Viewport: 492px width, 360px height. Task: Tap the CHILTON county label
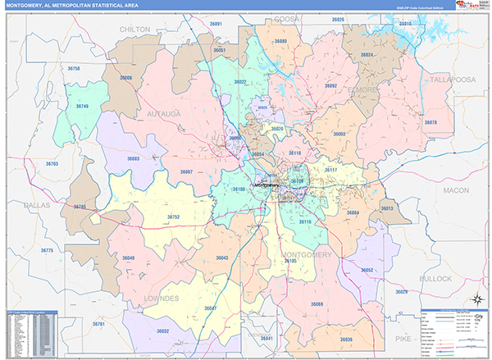coord(134,29)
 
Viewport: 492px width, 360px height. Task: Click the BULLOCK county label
coord(436,279)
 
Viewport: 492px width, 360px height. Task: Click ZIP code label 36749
coord(84,107)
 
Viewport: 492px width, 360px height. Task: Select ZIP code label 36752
coord(173,216)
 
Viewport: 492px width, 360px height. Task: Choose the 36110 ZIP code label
coord(295,153)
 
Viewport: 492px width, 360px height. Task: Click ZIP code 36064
coord(353,212)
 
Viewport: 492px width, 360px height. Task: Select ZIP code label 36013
coord(387,208)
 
